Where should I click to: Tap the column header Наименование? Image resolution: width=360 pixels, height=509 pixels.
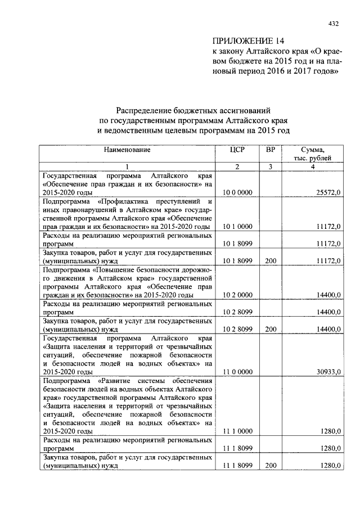127,150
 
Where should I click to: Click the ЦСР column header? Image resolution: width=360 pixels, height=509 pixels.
237,150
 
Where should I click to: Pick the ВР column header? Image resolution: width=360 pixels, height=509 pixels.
270,150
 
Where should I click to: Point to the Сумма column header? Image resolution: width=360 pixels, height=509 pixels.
312,150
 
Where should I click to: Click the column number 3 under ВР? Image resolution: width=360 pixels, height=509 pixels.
270,166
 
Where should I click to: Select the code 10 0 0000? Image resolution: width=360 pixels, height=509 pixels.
237,192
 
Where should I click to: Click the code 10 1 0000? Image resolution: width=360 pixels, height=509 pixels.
237,227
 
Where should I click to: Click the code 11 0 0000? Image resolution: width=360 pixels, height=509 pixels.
237,372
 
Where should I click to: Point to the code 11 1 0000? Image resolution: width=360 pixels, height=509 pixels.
237,431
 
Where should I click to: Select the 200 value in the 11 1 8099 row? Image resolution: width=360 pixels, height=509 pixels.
271,466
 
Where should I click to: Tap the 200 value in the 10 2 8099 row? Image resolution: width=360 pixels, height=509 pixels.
271,329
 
